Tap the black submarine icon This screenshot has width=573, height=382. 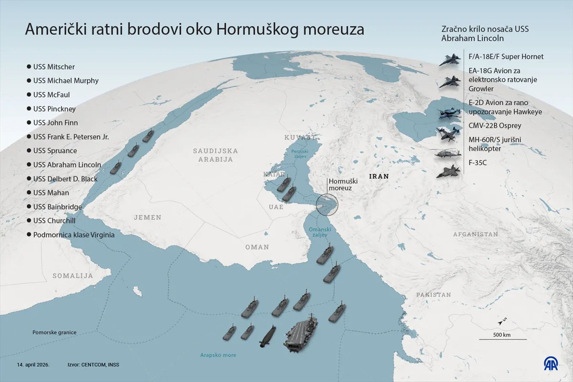[x=267, y=336]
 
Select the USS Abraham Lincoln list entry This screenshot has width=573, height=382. [x=67, y=165]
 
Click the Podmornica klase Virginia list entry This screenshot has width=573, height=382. [x=74, y=234]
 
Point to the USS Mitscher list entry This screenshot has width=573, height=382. [x=54, y=67]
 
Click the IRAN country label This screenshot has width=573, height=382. [x=378, y=176]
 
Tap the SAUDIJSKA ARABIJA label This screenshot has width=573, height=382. [x=215, y=155]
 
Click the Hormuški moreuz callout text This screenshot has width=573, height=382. [x=340, y=185]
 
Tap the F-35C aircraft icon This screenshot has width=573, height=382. [x=447, y=171]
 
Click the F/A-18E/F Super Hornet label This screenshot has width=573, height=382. [x=506, y=56]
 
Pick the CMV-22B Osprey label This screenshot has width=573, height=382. [x=495, y=126]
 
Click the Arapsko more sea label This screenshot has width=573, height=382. [x=218, y=355]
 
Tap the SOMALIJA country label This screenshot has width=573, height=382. [x=73, y=276]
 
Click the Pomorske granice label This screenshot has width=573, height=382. [x=54, y=332]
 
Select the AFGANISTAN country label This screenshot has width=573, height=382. [x=476, y=234]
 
